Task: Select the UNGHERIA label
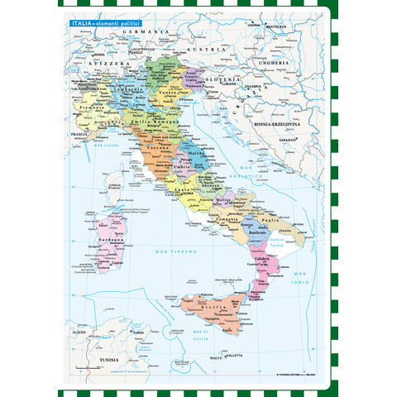tap(275, 62)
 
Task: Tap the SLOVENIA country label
tap(224, 79)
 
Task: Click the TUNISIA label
tap(103, 360)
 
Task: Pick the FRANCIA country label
tap(79, 133)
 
